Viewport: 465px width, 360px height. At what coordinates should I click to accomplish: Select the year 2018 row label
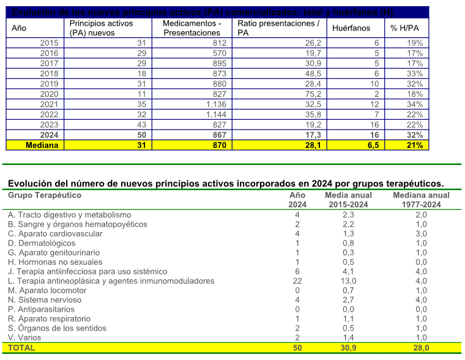point(50,73)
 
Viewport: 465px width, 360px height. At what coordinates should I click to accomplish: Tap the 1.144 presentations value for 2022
point(215,114)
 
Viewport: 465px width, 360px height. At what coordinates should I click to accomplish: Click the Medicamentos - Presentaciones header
point(192,28)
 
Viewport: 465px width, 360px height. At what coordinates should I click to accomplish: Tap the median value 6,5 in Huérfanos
point(371,145)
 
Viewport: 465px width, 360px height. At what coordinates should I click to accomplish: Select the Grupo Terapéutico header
point(45,196)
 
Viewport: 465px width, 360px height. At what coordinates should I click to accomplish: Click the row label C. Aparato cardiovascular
point(55,233)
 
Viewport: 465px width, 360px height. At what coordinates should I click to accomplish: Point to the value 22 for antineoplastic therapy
point(297,281)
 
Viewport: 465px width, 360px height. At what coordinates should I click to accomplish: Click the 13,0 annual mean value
point(348,281)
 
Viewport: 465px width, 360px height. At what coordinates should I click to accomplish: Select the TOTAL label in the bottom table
point(21,347)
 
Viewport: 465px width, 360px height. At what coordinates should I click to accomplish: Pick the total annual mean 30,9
point(348,347)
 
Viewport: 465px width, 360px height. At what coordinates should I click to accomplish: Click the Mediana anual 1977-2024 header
point(421,200)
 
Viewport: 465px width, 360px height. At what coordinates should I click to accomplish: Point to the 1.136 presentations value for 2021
point(215,105)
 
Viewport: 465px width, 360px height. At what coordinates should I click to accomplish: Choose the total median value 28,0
point(421,347)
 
